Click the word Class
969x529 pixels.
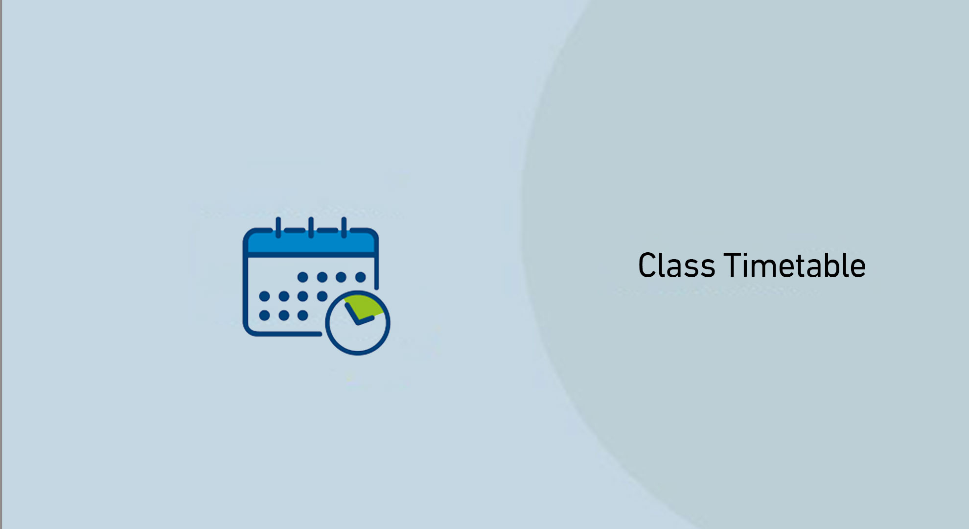[676, 266]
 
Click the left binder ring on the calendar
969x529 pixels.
[278, 227]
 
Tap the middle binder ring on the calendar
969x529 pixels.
[311, 227]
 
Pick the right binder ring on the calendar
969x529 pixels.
[344, 227]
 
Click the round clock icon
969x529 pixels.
[358, 323]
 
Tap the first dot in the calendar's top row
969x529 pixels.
[303, 277]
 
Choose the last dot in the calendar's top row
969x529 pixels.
[361, 277]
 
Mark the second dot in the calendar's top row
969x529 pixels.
[322, 277]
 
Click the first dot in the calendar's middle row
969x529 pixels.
[264, 296]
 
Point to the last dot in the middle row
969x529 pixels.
[322, 296]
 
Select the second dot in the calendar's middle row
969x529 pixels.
[284, 296]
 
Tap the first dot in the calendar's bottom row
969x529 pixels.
[264, 315]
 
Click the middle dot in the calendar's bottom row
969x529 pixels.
[284, 315]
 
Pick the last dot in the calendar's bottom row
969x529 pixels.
[303, 315]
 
